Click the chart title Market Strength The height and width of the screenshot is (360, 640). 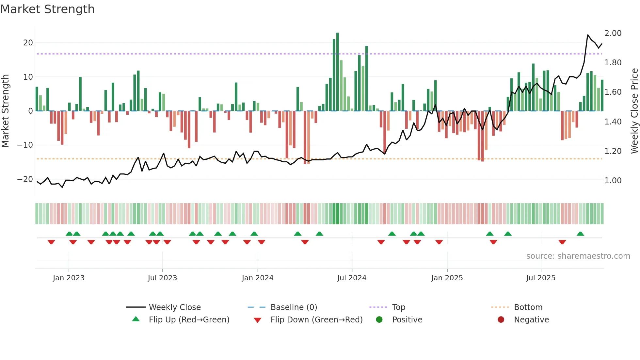(x=47, y=9)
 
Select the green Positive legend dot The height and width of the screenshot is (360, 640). (x=379, y=319)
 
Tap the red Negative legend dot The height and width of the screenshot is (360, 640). (x=501, y=319)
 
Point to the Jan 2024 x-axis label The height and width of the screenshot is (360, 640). (x=258, y=278)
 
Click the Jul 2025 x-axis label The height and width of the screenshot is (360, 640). (x=541, y=278)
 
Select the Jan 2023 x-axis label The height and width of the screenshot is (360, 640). (x=69, y=278)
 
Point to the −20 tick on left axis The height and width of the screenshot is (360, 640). (x=25, y=179)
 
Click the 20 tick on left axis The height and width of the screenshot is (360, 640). (x=28, y=43)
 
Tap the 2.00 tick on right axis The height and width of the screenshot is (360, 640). (x=613, y=33)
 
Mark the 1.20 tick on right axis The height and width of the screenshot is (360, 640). (x=613, y=151)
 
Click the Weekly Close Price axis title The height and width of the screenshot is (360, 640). (x=634, y=111)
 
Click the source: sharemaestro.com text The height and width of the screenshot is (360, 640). (x=578, y=256)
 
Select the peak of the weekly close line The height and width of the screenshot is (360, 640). (x=588, y=35)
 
